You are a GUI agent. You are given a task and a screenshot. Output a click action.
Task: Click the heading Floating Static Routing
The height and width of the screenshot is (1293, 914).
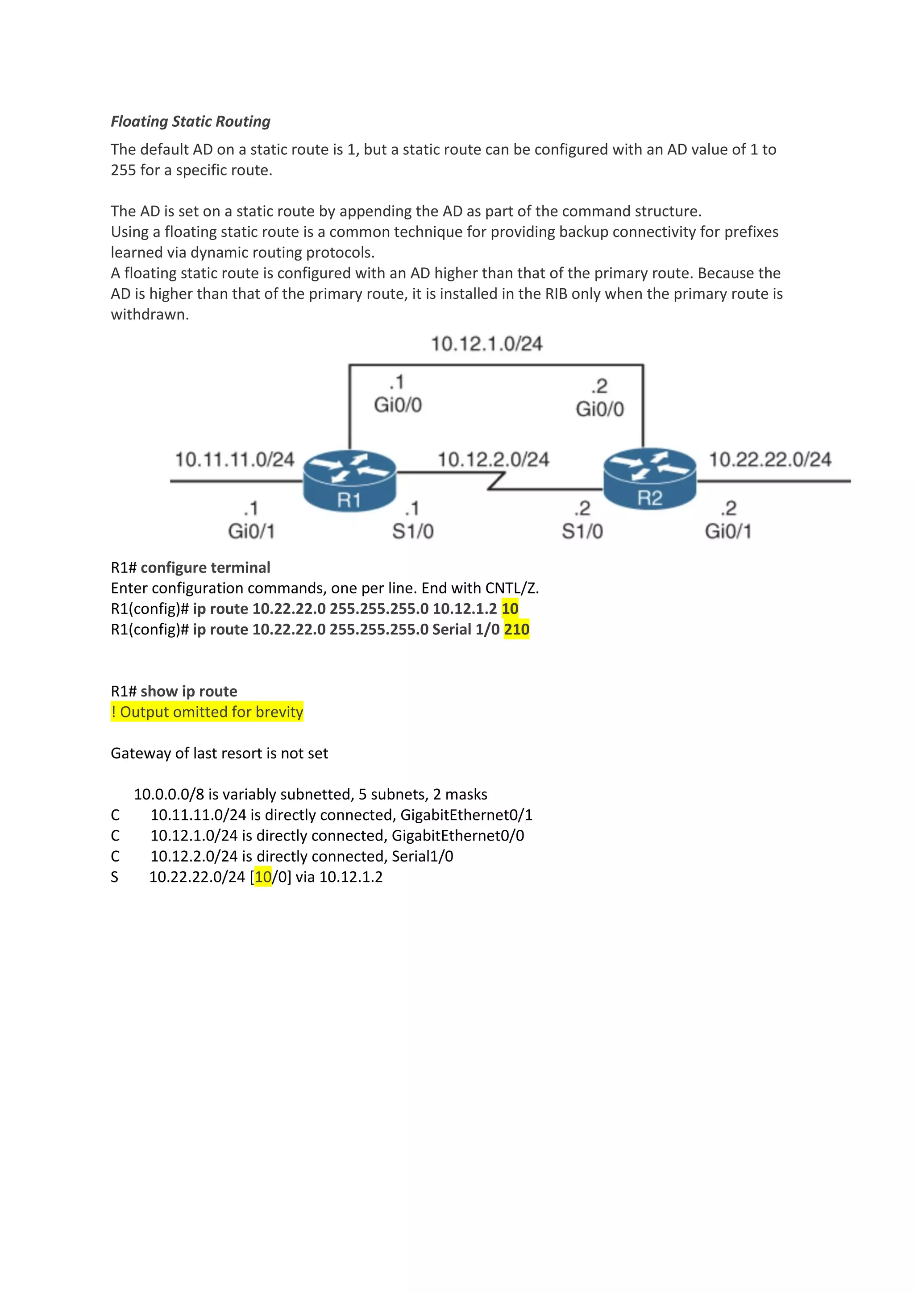click(191, 122)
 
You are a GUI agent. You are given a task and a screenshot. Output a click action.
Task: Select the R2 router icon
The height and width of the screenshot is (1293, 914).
click(649, 479)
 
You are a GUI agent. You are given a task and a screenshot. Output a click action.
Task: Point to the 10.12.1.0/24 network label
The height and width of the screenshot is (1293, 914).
click(486, 344)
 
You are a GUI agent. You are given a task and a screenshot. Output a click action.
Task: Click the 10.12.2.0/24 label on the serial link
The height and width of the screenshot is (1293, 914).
click(493, 460)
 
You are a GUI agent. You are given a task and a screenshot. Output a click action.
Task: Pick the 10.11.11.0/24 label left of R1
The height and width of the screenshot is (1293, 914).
click(234, 460)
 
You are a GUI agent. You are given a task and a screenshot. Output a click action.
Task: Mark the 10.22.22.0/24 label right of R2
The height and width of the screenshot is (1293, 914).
click(769, 460)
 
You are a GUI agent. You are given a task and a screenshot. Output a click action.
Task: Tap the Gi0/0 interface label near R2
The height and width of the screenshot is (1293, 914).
click(600, 409)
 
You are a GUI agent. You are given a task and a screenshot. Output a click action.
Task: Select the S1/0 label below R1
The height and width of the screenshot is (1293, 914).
click(413, 531)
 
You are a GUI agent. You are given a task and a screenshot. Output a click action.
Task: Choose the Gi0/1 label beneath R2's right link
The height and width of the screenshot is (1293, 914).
click(728, 531)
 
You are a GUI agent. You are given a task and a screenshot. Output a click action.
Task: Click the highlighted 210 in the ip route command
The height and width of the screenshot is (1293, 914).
click(516, 629)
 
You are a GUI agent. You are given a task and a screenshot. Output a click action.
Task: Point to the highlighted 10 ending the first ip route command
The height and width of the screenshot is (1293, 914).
click(510, 609)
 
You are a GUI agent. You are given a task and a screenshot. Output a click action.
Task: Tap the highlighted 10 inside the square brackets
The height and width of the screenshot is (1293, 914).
click(263, 877)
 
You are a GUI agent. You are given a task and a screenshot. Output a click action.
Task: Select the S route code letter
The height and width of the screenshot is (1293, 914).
click(115, 877)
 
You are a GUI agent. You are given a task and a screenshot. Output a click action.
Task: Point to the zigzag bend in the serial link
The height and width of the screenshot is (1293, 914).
click(496, 481)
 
